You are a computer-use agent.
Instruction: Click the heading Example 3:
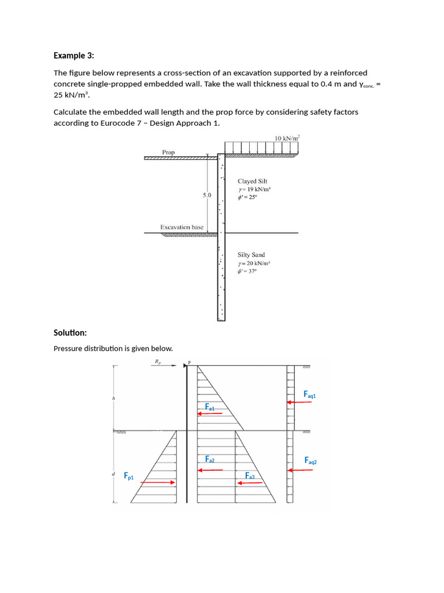pos(73,56)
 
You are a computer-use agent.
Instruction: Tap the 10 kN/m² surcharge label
pos(287,138)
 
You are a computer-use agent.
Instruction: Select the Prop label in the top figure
pos(168,152)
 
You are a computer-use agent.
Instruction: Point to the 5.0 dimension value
pos(207,196)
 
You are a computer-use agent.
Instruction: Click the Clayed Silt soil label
pos(253,181)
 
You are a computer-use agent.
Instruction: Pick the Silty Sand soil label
pos(251,255)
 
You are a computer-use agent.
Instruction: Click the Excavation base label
pos(182,228)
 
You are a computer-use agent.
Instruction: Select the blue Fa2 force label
pos(210,459)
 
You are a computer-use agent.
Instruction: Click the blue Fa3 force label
pos(250,476)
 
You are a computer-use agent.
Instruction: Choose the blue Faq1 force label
pos(310,394)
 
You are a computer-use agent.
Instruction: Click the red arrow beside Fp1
pos(158,482)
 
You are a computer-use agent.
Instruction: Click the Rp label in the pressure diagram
pos(157,361)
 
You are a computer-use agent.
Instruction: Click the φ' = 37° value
pos(247,271)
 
